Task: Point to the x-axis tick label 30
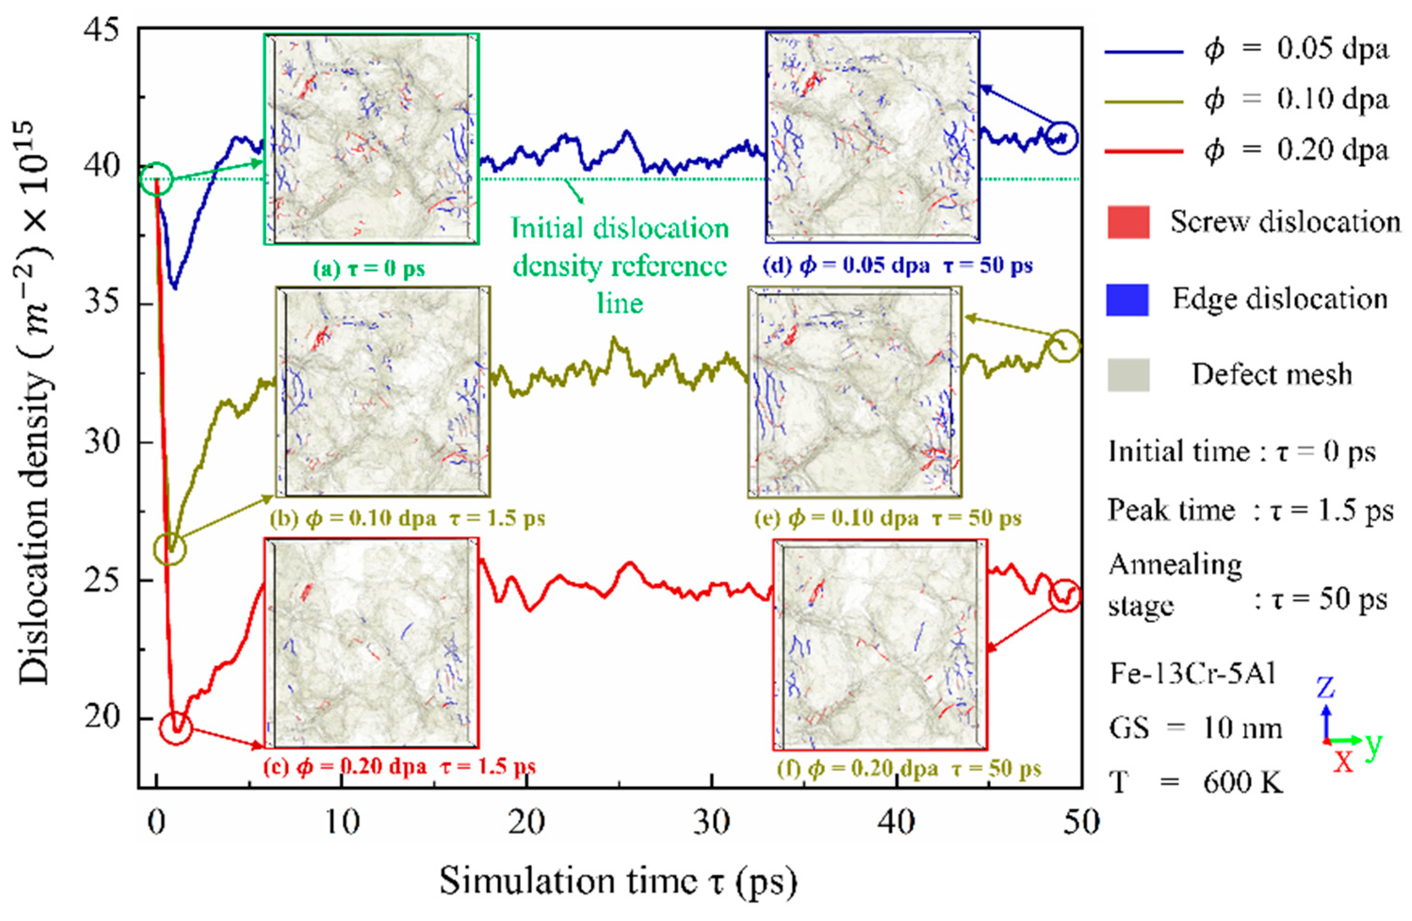click(x=711, y=823)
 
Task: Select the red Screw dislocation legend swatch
click(x=1128, y=222)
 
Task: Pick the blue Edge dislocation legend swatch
click(x=1128, y=299)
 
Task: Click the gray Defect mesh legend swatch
click(x=1128, y=375)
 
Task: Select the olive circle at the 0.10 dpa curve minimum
click(x=169, y=549)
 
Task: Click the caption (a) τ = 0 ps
click(x=369, y=269)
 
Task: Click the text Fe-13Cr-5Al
click(x=1192, y=675)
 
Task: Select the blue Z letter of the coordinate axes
click(x=1325, y=688)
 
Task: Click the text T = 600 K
click(x=1195, y=783)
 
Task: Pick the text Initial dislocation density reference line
click(x=619, y=265)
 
